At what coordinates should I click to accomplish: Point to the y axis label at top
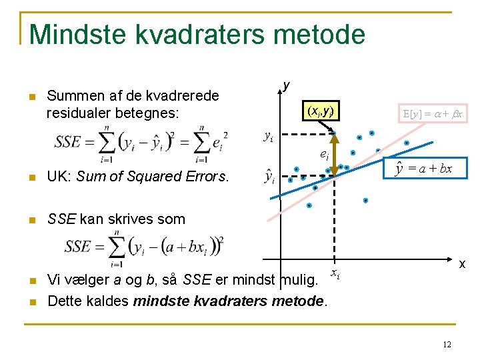click(x=286, y=85)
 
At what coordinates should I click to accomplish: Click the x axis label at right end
click(x=461, y=264)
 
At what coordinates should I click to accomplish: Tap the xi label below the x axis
click(x=335, y=274)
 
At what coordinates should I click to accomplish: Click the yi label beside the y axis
click(x=268, y=137)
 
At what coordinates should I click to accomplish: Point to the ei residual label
click(x=323, y=155)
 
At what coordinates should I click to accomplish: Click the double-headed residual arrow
click(x=335, y=155)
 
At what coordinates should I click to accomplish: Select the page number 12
click(x=447, y=344)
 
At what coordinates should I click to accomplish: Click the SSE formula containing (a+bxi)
click(x=144, y=246)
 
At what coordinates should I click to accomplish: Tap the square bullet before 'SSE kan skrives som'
click(x=31, y=219)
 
